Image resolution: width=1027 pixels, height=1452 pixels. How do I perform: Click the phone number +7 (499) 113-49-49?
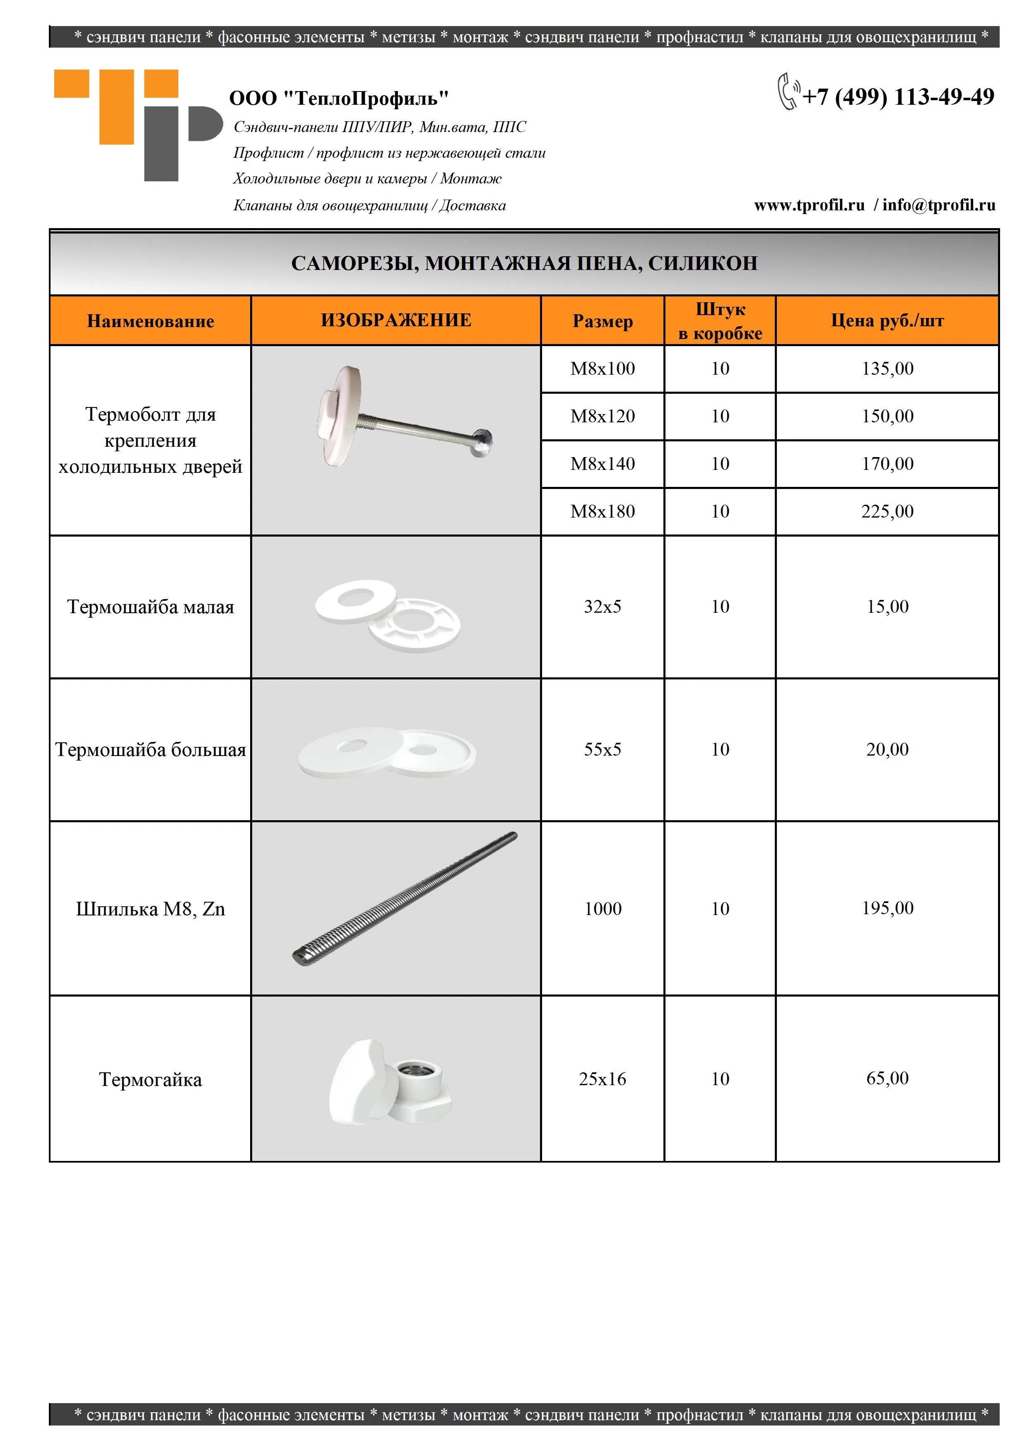898,97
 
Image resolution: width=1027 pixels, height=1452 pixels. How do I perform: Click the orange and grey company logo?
138,125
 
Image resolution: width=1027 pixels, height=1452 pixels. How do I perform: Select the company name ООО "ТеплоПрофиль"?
339,99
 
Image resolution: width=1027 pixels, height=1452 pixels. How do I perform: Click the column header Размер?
602,321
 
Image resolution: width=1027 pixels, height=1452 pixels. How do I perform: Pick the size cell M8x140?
602,464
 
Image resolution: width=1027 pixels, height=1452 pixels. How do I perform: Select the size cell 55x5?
602,749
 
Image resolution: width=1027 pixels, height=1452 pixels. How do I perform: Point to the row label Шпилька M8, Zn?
150,909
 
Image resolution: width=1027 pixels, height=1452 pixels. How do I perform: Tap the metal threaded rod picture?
405,898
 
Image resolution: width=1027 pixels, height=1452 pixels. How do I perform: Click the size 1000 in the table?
602,909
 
